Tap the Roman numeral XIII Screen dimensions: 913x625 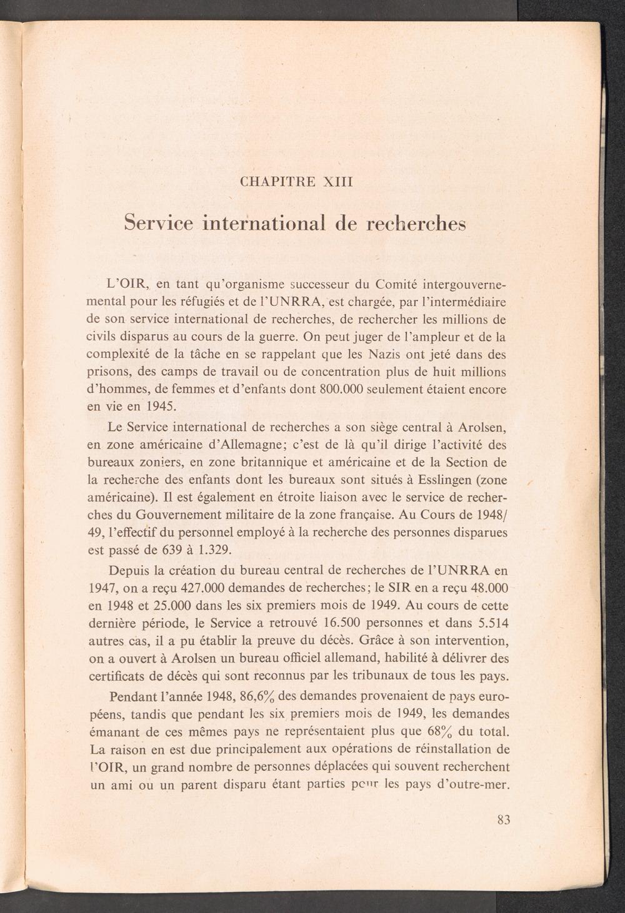tap(337, 182)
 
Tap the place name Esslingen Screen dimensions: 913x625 tap(439, 481)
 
